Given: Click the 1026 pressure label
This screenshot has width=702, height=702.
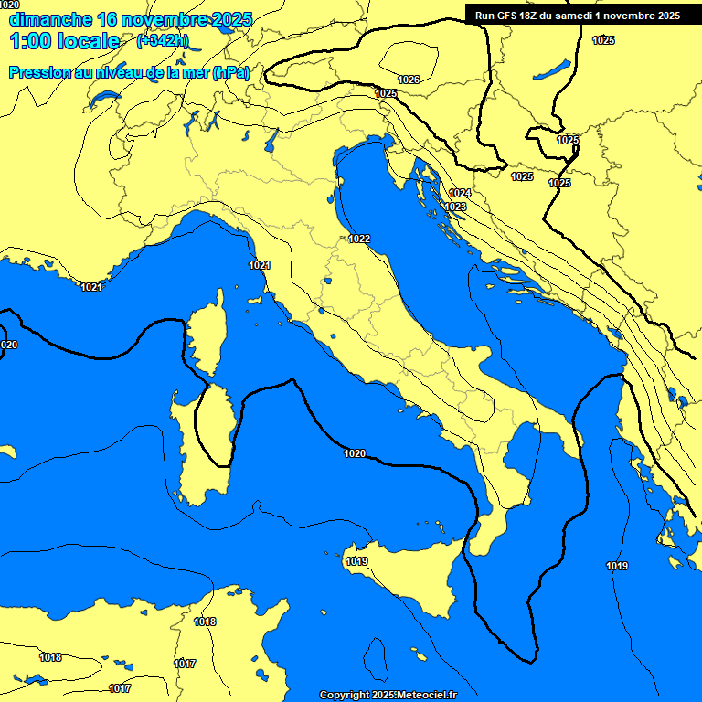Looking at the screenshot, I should click(409, 80).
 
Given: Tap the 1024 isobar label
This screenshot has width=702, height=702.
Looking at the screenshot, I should click(460, 193).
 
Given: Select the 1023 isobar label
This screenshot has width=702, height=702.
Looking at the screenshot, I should click(455, 207).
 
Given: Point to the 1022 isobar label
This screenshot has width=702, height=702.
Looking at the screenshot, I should click(359, 239).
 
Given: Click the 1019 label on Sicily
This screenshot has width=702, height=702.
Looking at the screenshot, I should click(356, 561).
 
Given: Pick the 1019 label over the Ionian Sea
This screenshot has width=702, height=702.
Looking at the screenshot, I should click(617, 566).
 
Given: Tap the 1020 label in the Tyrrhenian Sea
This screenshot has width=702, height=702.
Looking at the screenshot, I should click(355, 453).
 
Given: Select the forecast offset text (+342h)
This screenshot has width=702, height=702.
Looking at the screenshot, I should click(162, 41).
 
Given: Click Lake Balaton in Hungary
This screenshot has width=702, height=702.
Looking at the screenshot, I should click(554, 70).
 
